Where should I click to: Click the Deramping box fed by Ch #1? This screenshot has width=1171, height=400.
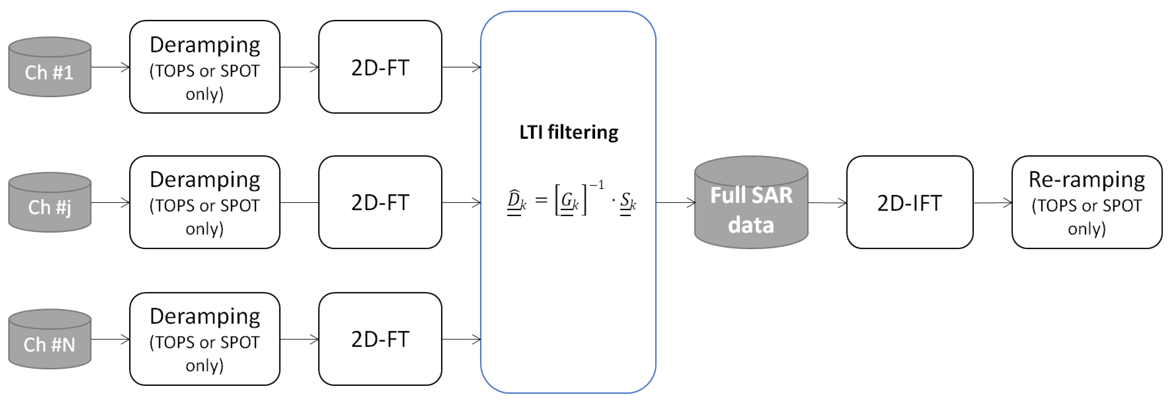[x=205, y=67]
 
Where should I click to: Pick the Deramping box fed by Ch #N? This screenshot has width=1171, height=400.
[x=205, y=339]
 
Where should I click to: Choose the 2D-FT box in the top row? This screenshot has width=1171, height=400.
[x=380, y=67]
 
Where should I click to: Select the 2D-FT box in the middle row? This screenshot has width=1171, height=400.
[x=380, y=202]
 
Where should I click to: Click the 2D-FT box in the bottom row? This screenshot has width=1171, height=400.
[x=380, y=339]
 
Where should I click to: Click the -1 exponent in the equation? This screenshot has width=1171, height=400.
[x=597, y=185]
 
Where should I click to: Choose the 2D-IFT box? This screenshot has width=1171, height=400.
[x=910, y=203]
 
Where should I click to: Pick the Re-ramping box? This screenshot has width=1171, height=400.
[x=1087, y=203]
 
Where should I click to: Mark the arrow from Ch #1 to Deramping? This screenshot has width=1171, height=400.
[x=110, y=67]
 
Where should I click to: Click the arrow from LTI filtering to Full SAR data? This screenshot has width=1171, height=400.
[x=675, y=203]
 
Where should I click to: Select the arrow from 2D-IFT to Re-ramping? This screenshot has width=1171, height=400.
[x=992, y=203]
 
